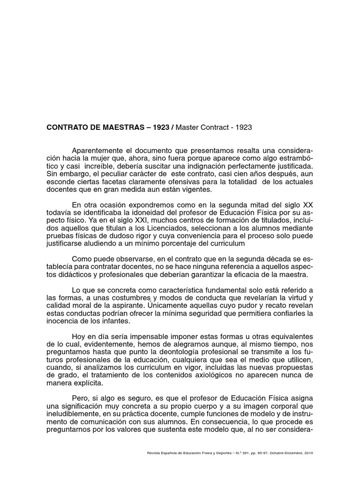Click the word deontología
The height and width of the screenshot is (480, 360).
(x=180, y=352)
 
